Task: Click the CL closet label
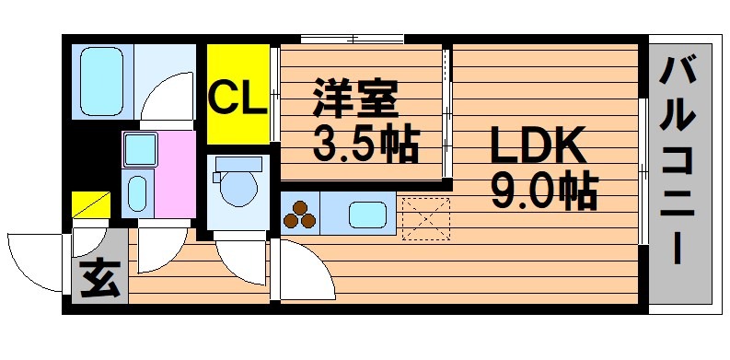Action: click(238, 98)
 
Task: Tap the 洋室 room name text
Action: click(355, 99)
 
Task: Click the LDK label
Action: click(539, 145)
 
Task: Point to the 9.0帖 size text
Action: click(544, 191)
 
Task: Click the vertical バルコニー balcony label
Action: click(679, 161)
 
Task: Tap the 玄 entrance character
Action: click(100, 278)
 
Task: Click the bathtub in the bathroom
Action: click(101, 81)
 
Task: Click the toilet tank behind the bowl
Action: click(238, 165)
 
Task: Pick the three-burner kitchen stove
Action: click(299, 215)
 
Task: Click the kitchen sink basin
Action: click(368, 215)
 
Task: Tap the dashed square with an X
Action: click(426, 219)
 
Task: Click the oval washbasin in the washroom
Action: click(137, 193)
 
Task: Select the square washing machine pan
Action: click(140, 149)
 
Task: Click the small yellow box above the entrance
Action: click(91, 204)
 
